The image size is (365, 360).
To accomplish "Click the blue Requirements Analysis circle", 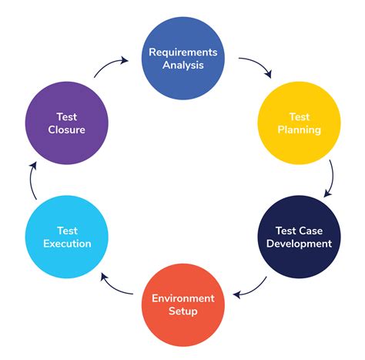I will click(182, 58).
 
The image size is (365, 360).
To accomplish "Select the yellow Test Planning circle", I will click(299, 123).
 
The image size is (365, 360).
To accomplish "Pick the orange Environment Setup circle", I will click(182, 304).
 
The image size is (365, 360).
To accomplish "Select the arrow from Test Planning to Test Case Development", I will click(330, 179).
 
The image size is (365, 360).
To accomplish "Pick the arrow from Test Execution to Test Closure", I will click(33, 179).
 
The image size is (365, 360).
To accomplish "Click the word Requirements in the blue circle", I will click(183, 52).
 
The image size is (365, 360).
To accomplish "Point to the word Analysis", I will click(183, 65).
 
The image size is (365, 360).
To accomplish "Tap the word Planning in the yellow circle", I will click(300, 130).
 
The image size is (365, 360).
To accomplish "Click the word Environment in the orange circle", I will click(183, 298).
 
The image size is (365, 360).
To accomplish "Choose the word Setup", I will click(183, 311).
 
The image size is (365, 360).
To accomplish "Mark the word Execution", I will click(67, 244).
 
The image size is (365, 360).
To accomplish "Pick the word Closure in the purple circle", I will click(66, 130).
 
